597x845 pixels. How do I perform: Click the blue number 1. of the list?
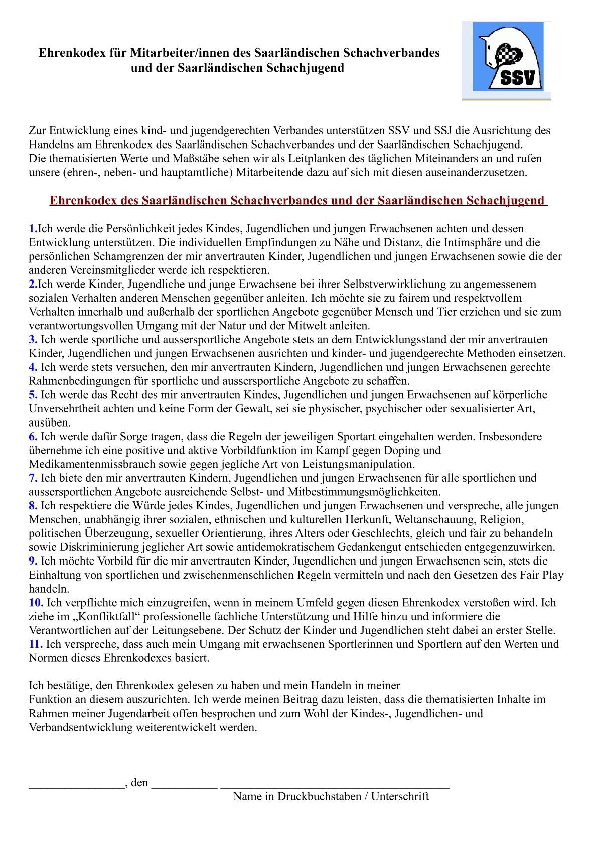[x=33, y=229]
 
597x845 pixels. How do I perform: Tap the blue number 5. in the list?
[x=33, y=395]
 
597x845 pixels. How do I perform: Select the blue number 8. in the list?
[x=33, y=506]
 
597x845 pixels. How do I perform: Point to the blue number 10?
[x=36, y=603]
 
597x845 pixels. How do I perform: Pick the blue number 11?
[x=36, y=644]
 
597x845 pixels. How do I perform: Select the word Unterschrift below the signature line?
[x=400, y=797]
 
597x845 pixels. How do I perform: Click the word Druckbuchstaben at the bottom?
[x=320, y=797]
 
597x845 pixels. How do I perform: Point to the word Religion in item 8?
[x=501, y=519]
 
